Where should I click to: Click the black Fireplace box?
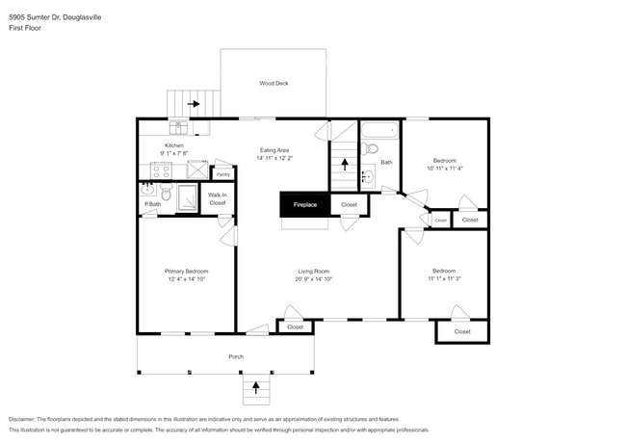tap(304, 204)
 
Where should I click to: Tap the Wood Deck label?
tap(274, 84)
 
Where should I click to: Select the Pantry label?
tap(222, 174)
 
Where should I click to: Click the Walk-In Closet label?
tap(218, 199)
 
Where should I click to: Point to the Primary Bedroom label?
tap(186, 272)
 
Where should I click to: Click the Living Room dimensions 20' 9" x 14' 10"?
tap(314, 279)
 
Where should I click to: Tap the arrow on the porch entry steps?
tap(256, 388)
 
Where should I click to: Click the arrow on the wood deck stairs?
tap(194, 103)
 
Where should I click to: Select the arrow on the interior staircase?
tap(344, 164)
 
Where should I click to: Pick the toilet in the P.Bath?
tap(166, 195)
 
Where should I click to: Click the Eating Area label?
tap(274, 150)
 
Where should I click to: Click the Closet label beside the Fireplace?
tap(349, 204)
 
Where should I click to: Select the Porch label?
tap(235, 356)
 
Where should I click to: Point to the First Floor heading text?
tap(25, 28)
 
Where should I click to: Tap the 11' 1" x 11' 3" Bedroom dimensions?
tap(444, 279)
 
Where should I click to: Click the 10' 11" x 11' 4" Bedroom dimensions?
tap(444, 168)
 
